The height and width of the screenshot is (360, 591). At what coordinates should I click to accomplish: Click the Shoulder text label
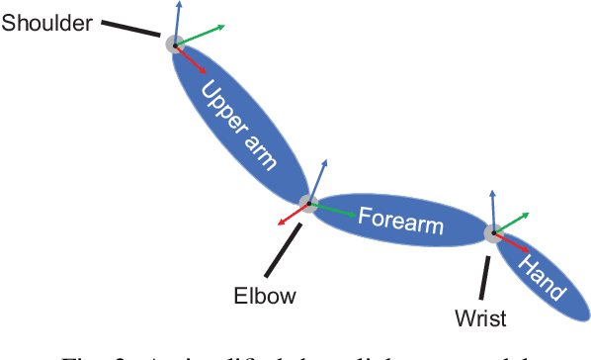pyautogui.click(x=47, y=21)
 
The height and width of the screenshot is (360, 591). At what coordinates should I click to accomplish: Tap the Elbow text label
pyautogui.click(x=265, y=295)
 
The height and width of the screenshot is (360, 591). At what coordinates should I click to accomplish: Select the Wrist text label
pyautogui.click(x=480, y=317)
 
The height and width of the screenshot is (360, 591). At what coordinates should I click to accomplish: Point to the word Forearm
pyautogui.click(x=400, y=219)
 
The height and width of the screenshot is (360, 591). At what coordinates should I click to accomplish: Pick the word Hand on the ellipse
pyautogui.click(x=543, y=278)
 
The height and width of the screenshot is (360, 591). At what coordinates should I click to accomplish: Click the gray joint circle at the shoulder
pyautogui.click(x=174, y=44)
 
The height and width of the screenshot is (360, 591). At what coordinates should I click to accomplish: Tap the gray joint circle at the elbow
pyautogui.click(x=308, y=205)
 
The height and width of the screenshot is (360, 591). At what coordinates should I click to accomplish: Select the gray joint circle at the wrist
pyautogui.click(x=491, y=233)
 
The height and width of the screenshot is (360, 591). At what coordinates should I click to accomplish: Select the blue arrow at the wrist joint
pyautogui.click(x=491, y=210)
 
